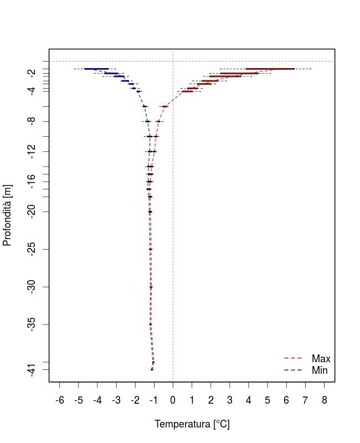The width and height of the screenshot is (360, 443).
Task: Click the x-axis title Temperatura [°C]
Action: coord(192,424)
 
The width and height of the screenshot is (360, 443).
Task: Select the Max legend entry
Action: coord(321,359)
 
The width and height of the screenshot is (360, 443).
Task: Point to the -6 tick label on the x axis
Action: coord(60,400)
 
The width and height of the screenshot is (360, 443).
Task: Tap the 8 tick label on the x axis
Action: coord(325,400)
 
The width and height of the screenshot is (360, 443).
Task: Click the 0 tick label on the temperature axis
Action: coord(173,400)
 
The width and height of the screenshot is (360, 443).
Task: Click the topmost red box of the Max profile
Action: coord(270,69)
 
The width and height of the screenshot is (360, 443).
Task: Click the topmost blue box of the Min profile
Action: coord(96,69)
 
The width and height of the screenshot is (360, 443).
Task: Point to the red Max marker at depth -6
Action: coord(165,106)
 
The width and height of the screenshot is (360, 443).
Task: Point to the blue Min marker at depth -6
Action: coord(145,106)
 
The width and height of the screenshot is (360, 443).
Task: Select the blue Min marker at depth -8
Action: coord(147,121)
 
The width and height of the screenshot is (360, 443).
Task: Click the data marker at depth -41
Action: coord(152,369)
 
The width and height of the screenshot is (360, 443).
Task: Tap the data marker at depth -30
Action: coord(151,287)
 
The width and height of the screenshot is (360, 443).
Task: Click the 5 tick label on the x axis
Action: coord(268,400)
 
